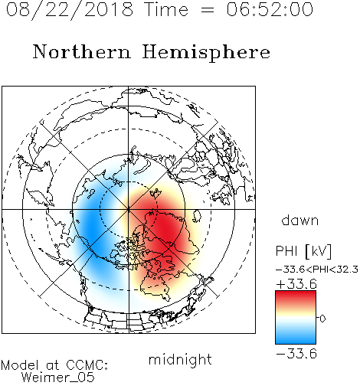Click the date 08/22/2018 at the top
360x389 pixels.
pyautogui.click(x=70, y=9)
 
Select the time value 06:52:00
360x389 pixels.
pyautogui.click(x=270, y=9)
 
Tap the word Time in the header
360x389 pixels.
pyautogui.click(x=166, y=9)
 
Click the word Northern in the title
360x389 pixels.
pyautogui.click(x=82, y=52)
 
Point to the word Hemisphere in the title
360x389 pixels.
pyautogui.click(x=206, y=52)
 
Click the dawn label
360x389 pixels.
pyautogui.click(x=300, y=220)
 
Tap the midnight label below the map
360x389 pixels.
pyautogui.click(x=180, y=359)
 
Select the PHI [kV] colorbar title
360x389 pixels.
pyautogui.click(x=303, y=251)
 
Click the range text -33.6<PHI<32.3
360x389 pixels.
pyautogui.click(x=317, y=270)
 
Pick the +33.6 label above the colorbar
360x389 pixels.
pyautogui.click(x=296, y=284)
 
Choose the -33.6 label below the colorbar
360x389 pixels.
pyautogui.click(x=296, y=354)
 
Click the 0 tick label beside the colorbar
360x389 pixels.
pyautogui.click(x=322, y=319)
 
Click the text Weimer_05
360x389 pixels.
pyautogui.click(x=58, y=378)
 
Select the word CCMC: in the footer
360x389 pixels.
pyautogui.click(x=87, y=365)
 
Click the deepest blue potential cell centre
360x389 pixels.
pyautogui.click(x=92, y=229)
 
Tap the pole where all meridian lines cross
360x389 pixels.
pyautogui.click(x=129, y=209)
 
